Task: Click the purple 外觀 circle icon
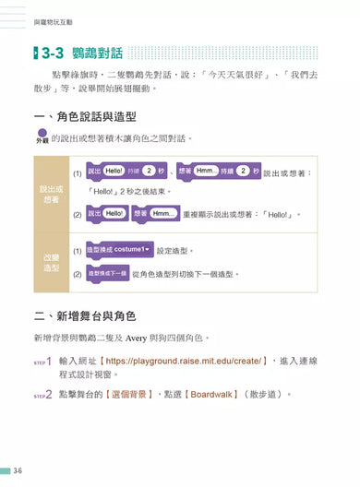tap(41, 138)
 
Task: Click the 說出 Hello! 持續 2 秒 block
tap(126, 172)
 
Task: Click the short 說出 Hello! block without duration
tap(107, 213)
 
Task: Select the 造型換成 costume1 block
tap(119, 250)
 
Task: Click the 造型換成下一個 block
tap(109, 273)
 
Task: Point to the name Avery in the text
tap(172, 338)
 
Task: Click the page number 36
tap(18, 470)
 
